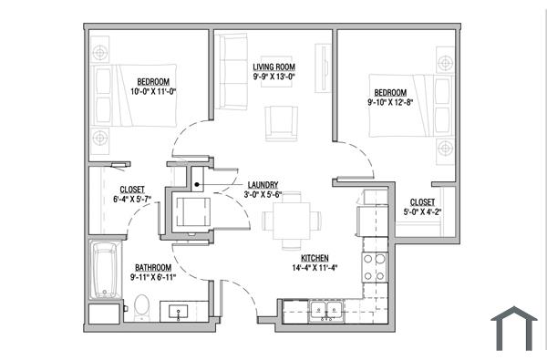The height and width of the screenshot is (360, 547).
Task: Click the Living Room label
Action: coord(273,67)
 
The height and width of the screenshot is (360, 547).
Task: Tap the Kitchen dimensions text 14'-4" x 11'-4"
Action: coord(309,269)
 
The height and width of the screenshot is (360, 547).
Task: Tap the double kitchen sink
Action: coord(324,312)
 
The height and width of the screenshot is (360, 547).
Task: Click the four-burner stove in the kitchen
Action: coord(373,266)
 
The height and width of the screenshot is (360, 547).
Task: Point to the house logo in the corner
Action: coord(514,328)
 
